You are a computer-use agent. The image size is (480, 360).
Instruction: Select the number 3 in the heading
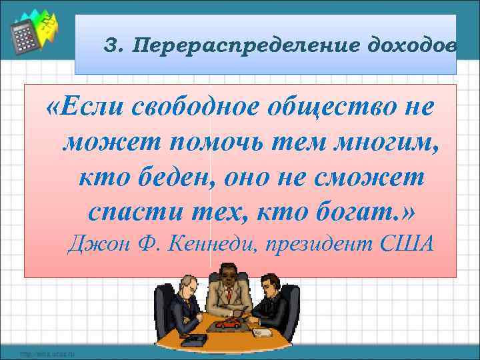(x=111, y=46)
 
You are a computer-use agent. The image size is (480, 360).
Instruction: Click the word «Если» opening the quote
(x=87, y=106)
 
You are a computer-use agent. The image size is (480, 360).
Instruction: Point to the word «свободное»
(x=190, y=106)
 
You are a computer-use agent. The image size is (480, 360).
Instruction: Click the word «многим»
(x=388, y=141)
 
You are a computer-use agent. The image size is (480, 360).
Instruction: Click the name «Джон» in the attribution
(x=94, y=245)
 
